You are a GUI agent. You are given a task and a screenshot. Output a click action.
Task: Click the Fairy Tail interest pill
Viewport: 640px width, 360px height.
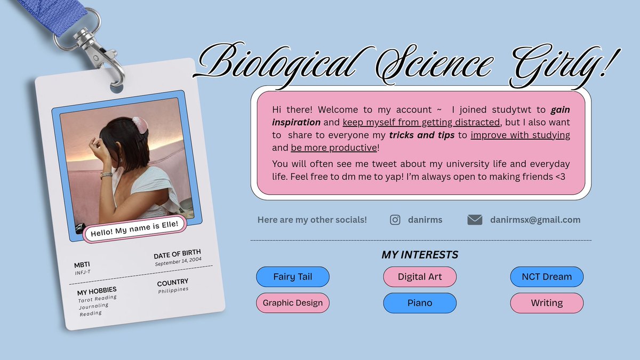pos(293,277)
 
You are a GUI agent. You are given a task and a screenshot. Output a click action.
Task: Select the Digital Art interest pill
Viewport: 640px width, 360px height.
pos(420,277)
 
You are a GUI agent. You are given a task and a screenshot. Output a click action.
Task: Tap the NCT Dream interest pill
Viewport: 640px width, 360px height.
pos(547,277)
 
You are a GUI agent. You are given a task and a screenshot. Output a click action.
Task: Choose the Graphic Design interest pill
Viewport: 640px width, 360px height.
pos(293,303)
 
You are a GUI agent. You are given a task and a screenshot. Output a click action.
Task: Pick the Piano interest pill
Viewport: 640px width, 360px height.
pos(420,303)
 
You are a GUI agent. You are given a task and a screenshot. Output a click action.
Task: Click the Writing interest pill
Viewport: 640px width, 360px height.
pos(547,303)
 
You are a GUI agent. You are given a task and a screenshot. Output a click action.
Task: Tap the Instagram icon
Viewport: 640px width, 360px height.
pos(395,220)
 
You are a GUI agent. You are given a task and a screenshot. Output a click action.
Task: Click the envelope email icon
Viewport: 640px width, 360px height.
pos(475,220)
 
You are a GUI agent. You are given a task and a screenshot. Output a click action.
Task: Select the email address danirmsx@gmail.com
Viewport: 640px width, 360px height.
pos(535,220)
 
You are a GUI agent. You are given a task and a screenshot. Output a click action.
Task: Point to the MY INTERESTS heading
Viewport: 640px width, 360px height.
pos(420,254)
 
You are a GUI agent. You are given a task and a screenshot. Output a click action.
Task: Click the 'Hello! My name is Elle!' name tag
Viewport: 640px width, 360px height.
pos(134,229)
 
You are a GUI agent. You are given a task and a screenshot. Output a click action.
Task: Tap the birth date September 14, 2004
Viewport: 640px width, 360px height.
pos(178,261)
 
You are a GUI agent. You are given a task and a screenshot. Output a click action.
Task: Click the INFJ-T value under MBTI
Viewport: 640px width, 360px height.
pos(83,273)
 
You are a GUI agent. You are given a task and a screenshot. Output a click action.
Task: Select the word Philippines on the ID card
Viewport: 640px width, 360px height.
pos(173,290)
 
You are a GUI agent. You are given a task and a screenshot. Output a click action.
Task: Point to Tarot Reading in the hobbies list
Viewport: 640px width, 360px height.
pos(98,299)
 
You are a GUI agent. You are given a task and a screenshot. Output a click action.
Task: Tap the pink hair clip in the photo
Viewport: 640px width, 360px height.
pos(139,125)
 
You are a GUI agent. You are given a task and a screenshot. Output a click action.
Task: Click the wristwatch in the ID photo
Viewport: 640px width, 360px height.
pos(106,175)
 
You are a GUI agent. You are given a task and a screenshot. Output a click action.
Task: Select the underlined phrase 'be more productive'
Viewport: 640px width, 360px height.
pos(334,148)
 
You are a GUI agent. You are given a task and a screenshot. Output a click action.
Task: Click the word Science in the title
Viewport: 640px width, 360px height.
pos(434,65)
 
